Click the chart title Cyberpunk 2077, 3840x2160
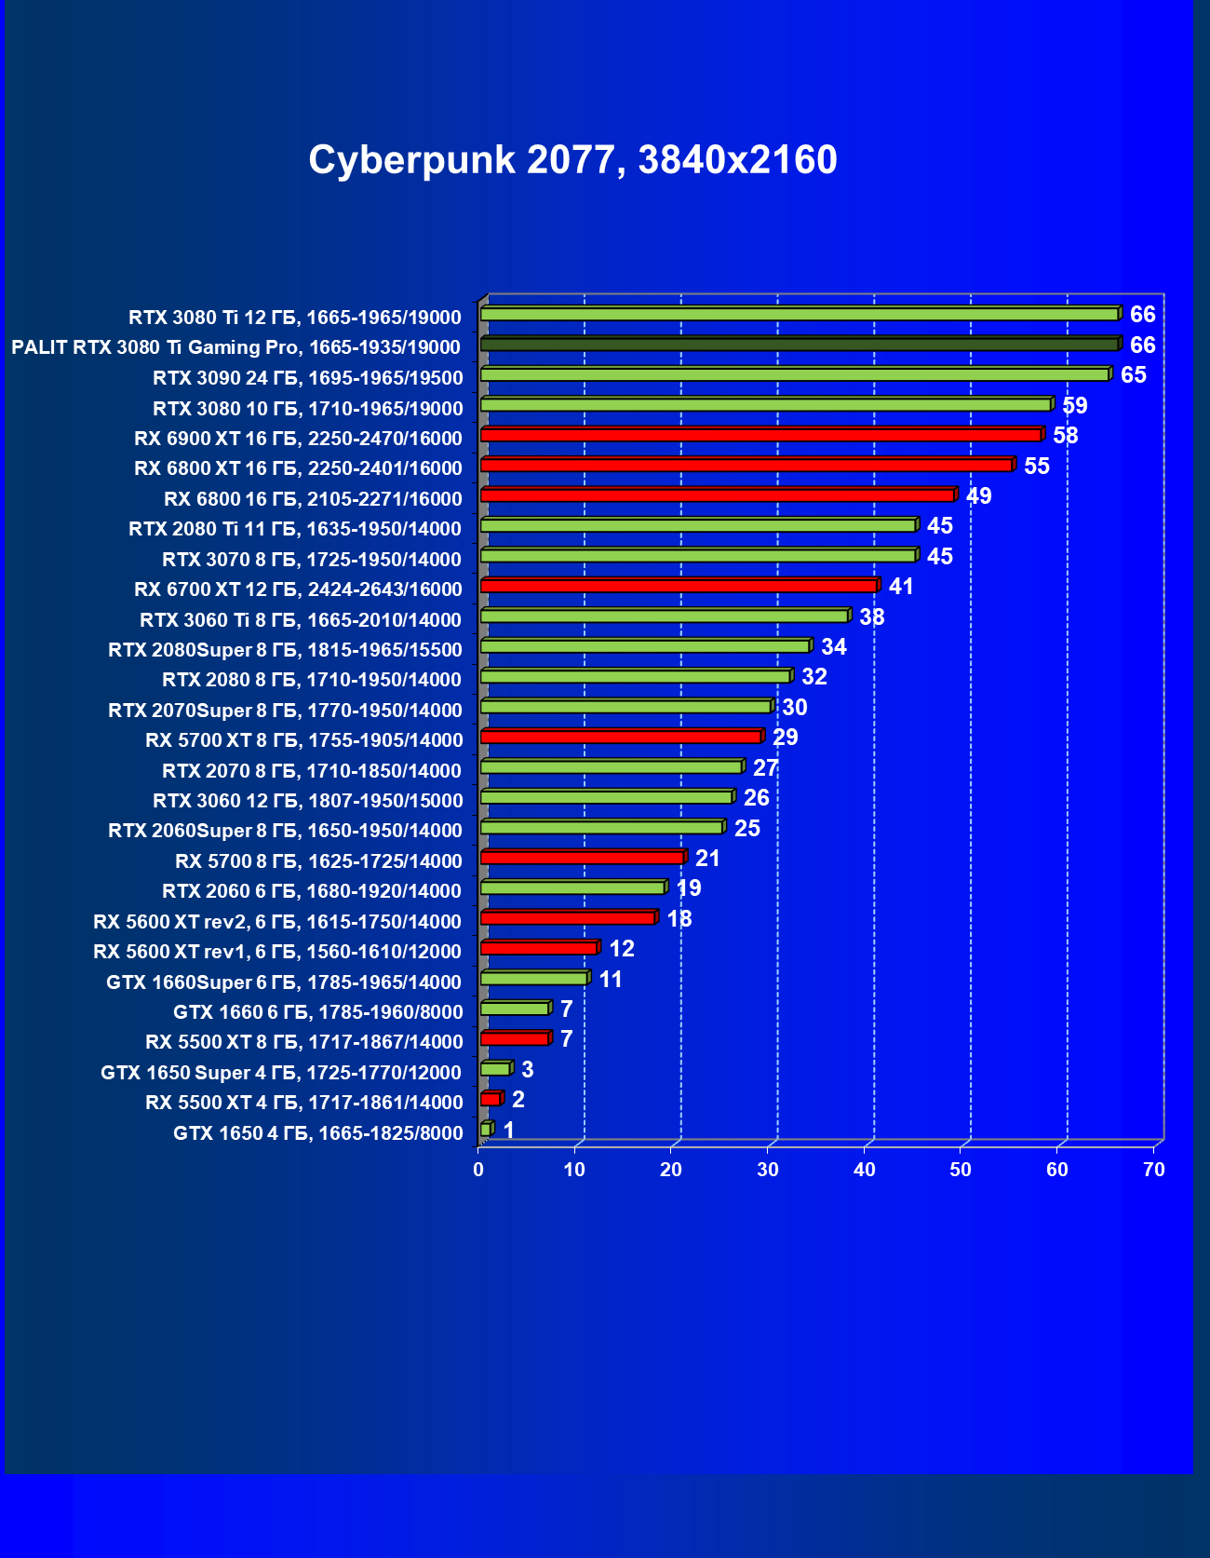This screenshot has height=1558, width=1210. pyautogui.click(x=572, y=160)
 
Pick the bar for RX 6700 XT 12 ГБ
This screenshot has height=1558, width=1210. pyautogui.click(x=679, y=586)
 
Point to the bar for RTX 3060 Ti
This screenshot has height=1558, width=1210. pyautogui.click(x=664, y=616)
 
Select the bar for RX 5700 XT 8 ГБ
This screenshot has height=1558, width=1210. pyautogui.click(x=621, y=737)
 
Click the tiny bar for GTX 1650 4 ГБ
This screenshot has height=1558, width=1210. pyautogui.click(x=485, y=1130)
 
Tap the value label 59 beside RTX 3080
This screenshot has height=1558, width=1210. pyautogui.click(x=1075, y=405)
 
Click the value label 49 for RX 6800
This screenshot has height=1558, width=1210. pyautogui.click(x=979, y=495)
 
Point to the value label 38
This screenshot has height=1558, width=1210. pyautogui.click(x=872, y=616)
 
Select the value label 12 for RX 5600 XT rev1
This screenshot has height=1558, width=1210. pyautogui.click(x=622, y=948)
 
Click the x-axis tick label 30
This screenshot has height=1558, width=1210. pyautogui.click(x=768, y=1170)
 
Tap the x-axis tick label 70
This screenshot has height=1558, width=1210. pyautogui.click(x=1154, y=1170)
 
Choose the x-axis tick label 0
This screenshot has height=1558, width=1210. pyautogui.click(x=478, y=1170)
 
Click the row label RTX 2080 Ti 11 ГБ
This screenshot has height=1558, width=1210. pyautogui.click(x=295, y=529)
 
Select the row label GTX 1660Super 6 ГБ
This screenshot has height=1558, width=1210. pyautogui.click(x=284, y=982)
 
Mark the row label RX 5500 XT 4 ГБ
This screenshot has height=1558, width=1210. pyautogui.click(x=304, y=1103)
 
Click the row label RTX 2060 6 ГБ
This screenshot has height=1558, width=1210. pyautogui.click(x=312, y=891)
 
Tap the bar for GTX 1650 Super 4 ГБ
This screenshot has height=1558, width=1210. pyautogui.click(x=495, y=1069)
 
